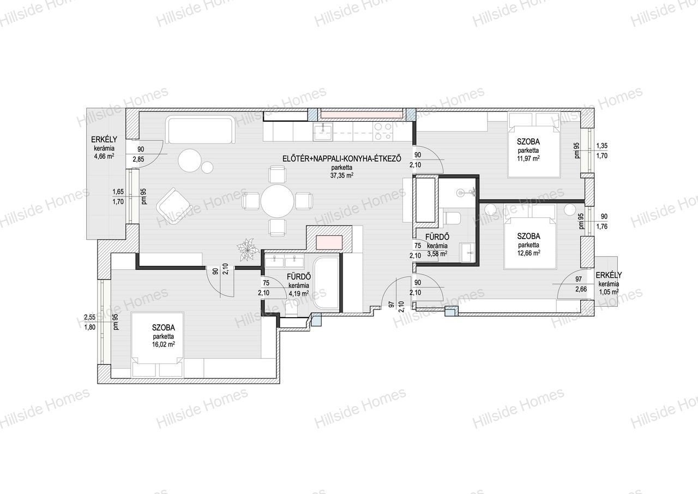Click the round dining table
277,201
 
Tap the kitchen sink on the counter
323,132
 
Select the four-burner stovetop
383,132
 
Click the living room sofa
200,129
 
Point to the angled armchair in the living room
174,206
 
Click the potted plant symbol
248,249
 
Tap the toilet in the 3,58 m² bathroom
452,218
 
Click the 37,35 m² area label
342,176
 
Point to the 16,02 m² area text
163,344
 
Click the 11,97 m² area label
528,158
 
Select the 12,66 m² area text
529,253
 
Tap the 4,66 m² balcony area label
104,156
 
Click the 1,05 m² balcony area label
609,292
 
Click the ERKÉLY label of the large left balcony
104,139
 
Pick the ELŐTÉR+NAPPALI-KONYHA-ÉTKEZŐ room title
342,158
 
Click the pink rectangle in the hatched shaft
329,242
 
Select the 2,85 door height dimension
139,159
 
